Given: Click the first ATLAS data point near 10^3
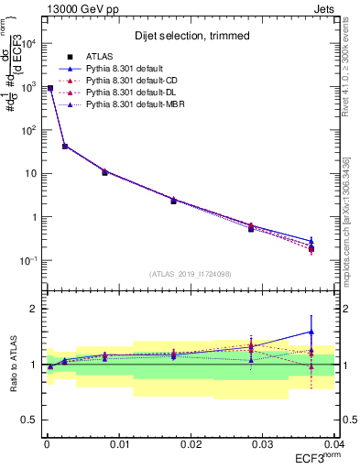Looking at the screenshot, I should pos(50,88).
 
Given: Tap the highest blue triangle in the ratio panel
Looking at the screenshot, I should pos(311,332).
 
